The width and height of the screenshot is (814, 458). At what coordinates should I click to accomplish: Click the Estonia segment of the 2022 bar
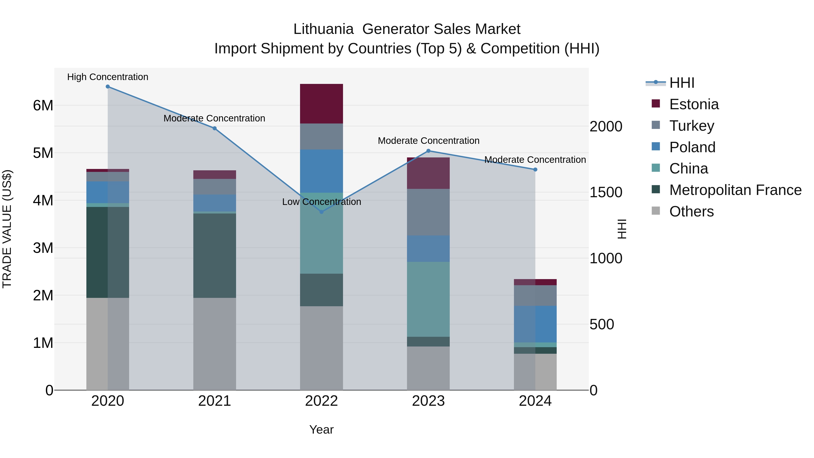pyautogui.click(x=321, y=104)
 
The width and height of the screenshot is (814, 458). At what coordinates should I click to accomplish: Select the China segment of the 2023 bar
pyautogui.click(x=428, y=299)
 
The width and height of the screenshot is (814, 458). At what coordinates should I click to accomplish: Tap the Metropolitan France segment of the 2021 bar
pyautogui.click(x=215, y=255)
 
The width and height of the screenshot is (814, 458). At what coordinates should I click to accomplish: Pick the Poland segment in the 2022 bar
pyautogui.click(x=321, y=171)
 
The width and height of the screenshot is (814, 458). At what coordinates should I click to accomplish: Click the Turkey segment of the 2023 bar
pyautogui.click(x=428, y=212)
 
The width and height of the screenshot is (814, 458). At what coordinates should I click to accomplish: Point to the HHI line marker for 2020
pyautogui.click(x=108, y=87)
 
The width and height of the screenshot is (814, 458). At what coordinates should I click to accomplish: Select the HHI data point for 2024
pyautogui.click(x=535, y=170)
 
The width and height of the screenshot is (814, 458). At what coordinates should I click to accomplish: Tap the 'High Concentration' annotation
pyautogui.click(x=108, y=77)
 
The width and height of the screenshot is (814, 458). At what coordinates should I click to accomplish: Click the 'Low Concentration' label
pyautogui.click(x=321, y=202)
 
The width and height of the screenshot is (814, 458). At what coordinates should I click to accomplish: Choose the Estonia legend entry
pyautogui.click(x=694, y=104)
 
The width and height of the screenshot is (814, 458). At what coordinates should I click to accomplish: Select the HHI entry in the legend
pyautogui.click(x=681, y=83)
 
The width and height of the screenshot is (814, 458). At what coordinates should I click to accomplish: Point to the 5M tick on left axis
pyautogui.click(x=43, y=153)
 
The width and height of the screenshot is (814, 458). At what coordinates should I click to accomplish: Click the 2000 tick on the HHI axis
pyautogui.click(x=606, y=126)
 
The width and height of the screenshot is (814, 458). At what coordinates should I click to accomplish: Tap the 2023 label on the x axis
pyautogui.click(x=428, y=401)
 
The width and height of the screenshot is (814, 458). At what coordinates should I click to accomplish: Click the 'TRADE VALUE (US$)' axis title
pyautogui.click(x=7, y=229)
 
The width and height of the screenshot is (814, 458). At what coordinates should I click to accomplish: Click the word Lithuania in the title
pyautogui.click(x=323, y=29)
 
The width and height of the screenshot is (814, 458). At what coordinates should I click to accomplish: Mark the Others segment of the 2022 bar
pyautogui.click(x=321, y=348)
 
